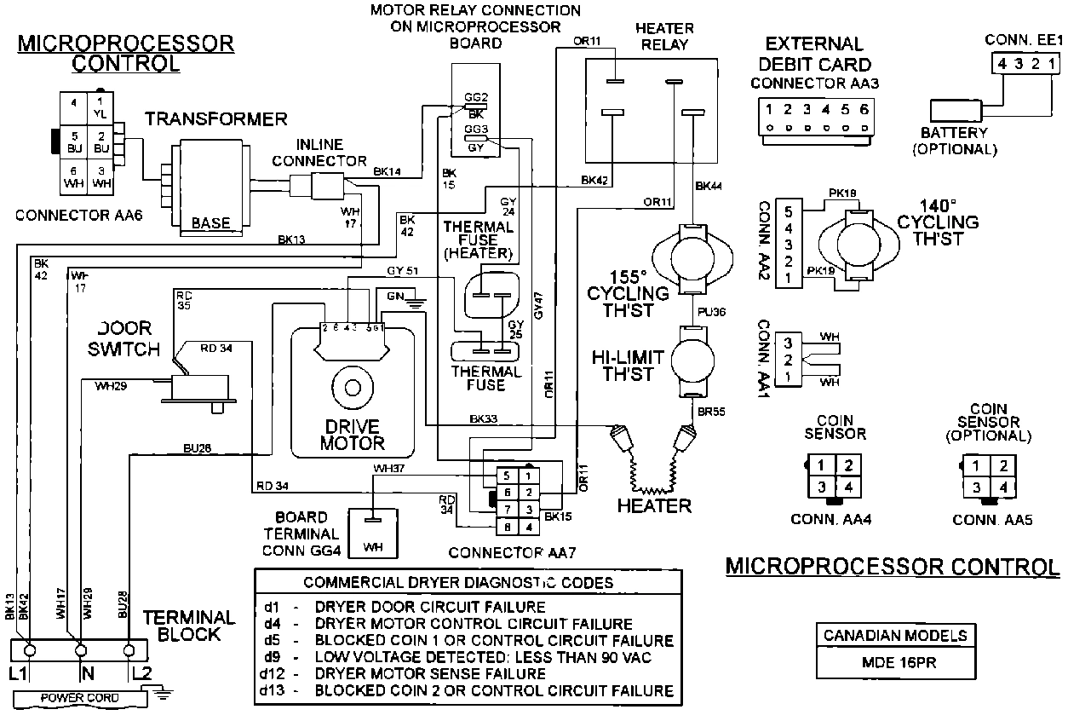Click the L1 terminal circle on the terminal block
tap(29, 650)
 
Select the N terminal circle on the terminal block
tap(80, 650)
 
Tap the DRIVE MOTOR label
tap(352, 434)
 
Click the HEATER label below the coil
tap(654, 506)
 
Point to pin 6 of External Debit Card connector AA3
tap(864, 110)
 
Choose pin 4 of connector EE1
tap(1002, 64)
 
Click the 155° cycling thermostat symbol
tap(692, 254)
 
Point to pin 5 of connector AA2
tap(788, 210)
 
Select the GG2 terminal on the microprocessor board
tap(476, 96)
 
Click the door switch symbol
tap(200, 388)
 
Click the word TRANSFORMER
tap(215, 118)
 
